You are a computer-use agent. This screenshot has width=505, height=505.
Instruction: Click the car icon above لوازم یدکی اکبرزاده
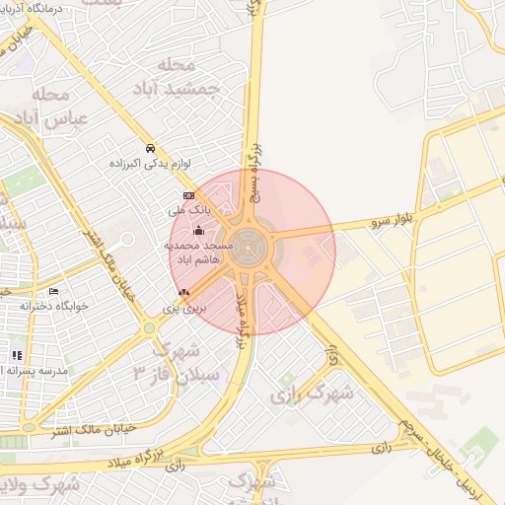149,148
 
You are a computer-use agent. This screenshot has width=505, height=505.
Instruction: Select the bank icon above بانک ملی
189,196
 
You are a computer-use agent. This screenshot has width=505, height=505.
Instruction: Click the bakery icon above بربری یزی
183,293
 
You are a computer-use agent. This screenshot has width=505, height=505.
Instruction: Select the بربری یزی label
183,309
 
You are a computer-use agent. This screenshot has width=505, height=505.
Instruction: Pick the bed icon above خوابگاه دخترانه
53,291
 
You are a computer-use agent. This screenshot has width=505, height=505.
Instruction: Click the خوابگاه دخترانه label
54,306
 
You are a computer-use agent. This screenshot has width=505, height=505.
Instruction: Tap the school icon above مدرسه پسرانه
17,355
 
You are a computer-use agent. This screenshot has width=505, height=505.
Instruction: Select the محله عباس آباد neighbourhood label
61,106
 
